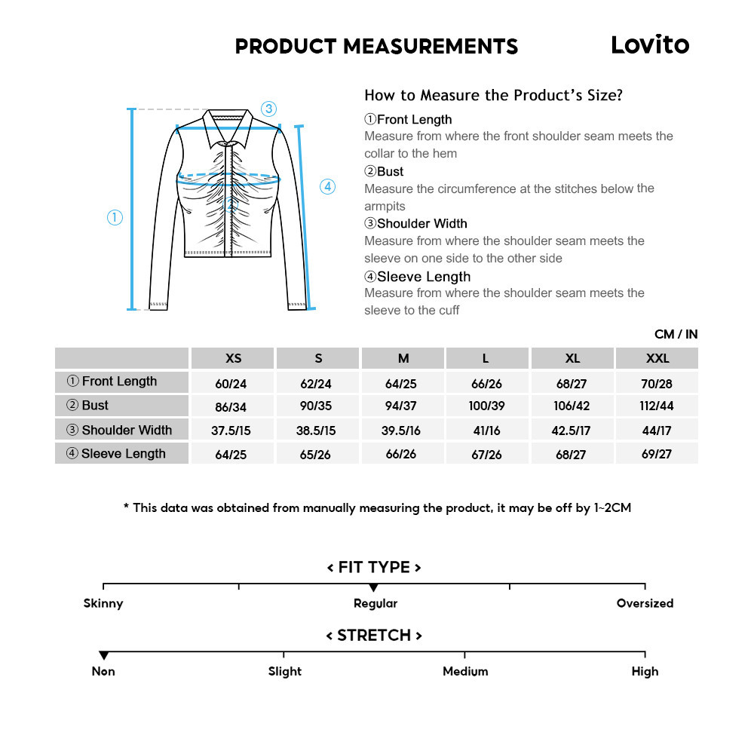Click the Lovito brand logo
tap(650, 44)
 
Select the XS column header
tap(234, 358)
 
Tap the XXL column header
tap(657, 358)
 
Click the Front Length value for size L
tap(486, 384)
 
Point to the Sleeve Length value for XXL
tap(657, 454)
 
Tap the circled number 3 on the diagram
tap(269, 109)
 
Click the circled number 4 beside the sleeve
tap(327, 187)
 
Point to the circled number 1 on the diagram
tap(115, 218)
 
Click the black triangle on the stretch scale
tap(104, 656)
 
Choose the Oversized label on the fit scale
tap(645, 603)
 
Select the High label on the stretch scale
tap(645, 671)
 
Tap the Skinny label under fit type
tap(103, 603)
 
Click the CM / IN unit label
tap(676, 334)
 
